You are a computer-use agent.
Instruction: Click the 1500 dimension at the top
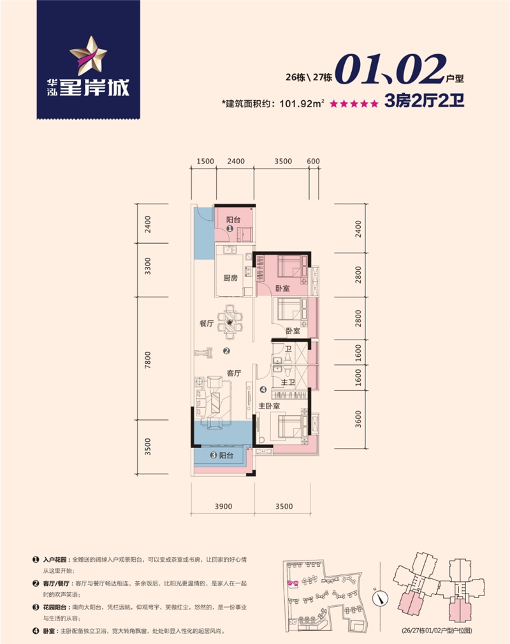[x=205, y=161]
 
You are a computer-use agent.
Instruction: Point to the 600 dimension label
[x=312, y=161]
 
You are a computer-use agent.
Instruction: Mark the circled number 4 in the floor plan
[x=263, y=389]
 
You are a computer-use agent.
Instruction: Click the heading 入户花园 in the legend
[x=55, y=558]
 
